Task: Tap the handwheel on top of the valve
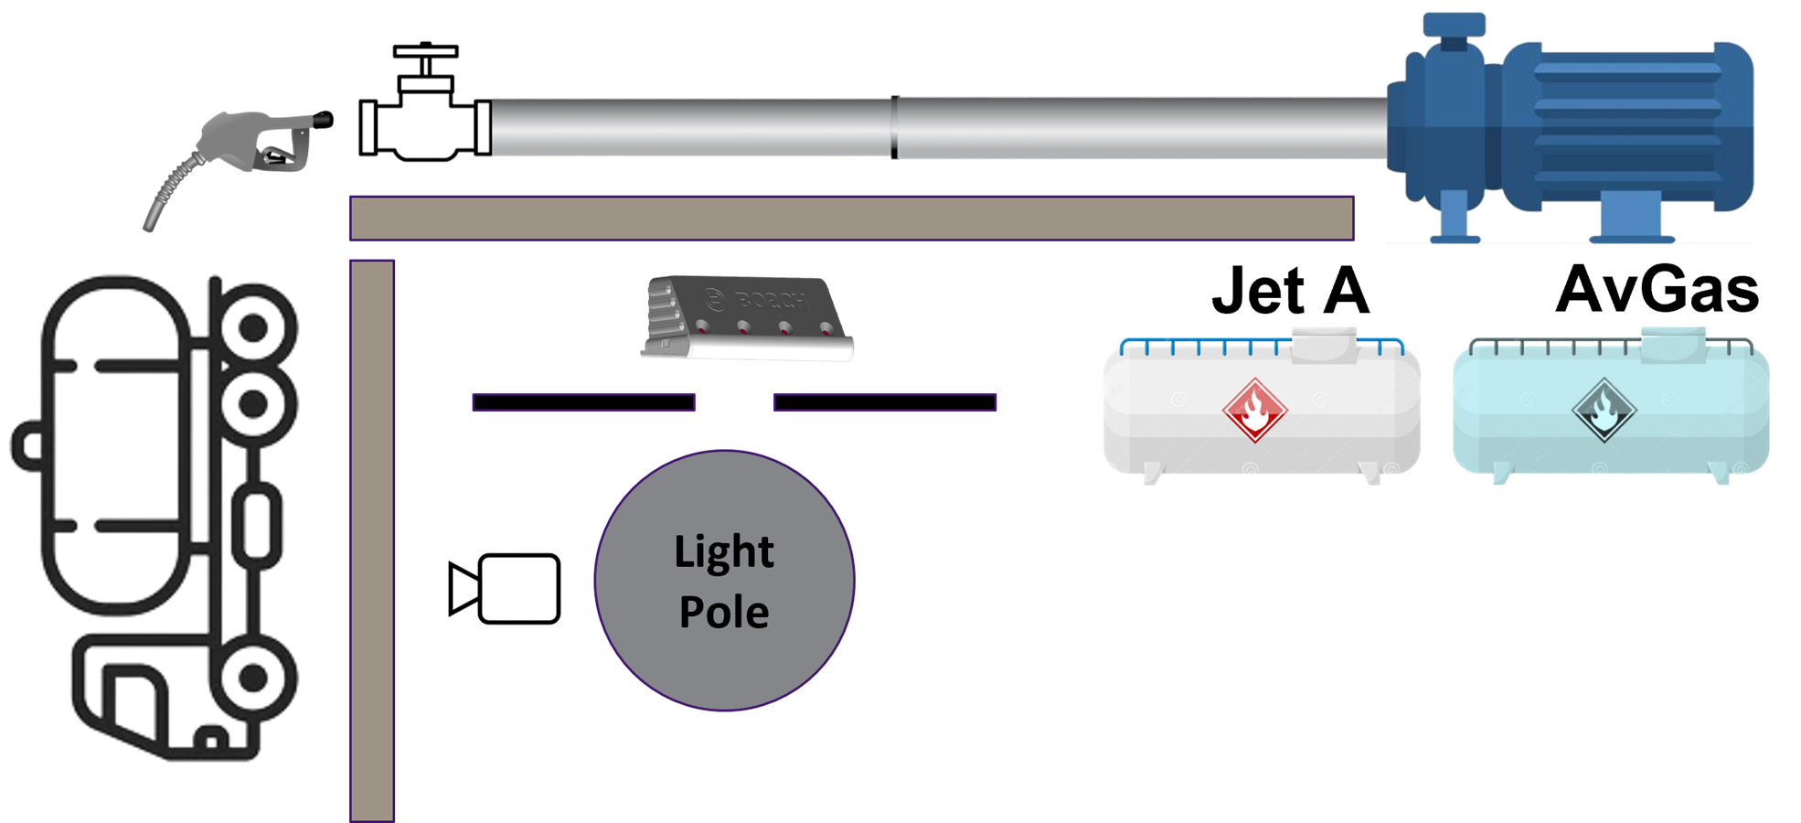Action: (425, 51)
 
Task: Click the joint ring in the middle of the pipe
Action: (894, 127)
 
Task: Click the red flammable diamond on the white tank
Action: (1255, 411)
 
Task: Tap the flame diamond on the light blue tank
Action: (1604, 411)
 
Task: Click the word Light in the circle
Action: (724, 552)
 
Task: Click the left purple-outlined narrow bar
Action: (583, 402)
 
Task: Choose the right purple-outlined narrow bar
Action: (885, 402)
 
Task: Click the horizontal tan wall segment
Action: (851, 219)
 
